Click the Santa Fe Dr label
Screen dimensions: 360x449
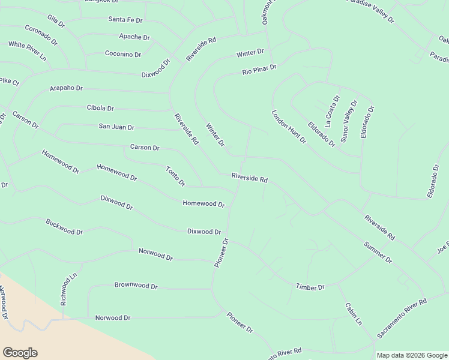125,20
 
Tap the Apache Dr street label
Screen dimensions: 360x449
134,37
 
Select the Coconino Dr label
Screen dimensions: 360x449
123,54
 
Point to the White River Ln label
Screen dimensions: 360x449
27,51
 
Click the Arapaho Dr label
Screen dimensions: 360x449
66,88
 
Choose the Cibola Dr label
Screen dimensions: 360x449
100,108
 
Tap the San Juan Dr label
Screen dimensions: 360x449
116,127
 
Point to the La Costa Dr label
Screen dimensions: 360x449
333,112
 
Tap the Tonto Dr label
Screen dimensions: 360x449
175,176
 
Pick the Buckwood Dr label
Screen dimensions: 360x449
64,227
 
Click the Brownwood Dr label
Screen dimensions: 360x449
136,286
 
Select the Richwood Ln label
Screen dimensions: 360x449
65,290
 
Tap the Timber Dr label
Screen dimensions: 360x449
310,287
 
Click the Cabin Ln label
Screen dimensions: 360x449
354,313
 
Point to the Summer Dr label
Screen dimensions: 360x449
378,252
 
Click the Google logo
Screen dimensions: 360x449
20,353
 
